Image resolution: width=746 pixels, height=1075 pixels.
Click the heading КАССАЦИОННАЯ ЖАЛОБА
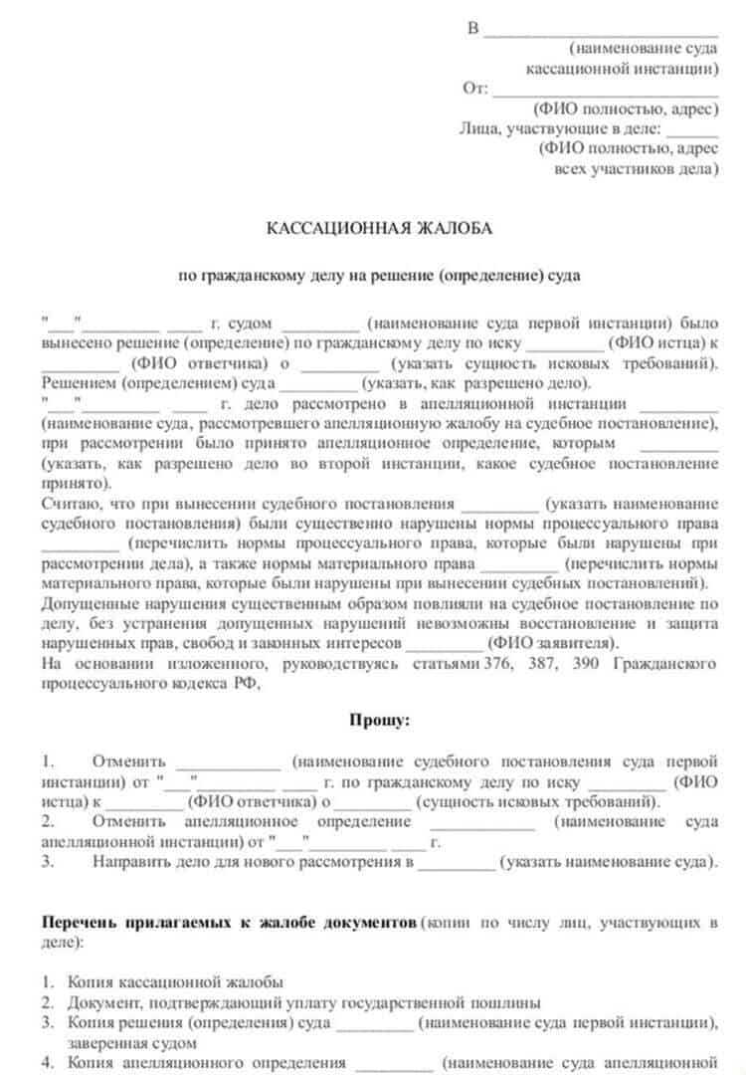coord(378,229)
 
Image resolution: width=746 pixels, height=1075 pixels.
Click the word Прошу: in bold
coord(378,720)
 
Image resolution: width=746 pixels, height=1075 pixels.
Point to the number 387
coord(542,663)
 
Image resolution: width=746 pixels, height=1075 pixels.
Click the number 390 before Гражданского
coord(586,663)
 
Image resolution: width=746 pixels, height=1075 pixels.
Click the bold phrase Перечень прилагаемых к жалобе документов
coord(230,923)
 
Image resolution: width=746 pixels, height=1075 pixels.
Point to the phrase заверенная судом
coord(132,1042)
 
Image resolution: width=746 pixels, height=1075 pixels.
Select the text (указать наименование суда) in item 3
coord(607,862)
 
